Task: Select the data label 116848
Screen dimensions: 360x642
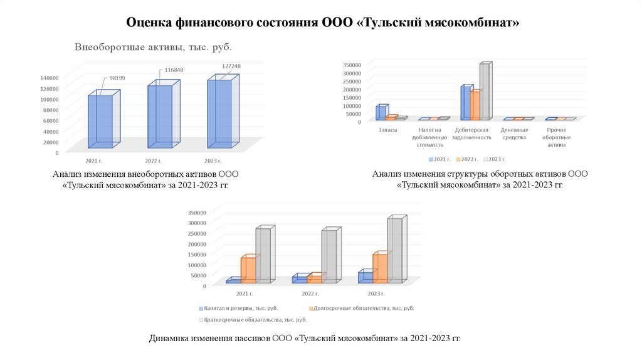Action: pos(174,70)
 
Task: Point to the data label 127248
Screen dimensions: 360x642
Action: pos(231,66)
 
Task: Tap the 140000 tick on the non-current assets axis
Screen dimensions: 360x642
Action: pos(49,78)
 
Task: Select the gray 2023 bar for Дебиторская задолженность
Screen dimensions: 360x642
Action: pos(484,92)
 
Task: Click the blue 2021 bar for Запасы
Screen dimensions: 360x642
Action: pos(380,112)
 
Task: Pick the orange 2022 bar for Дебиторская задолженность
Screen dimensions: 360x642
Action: pos(475,105)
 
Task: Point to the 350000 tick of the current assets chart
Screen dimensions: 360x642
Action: pos(351,65)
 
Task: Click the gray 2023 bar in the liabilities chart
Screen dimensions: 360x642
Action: pos(394,250)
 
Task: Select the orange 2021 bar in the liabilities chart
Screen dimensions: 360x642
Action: pos(248,270)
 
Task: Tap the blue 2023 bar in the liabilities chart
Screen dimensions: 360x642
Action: pos(365,277)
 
